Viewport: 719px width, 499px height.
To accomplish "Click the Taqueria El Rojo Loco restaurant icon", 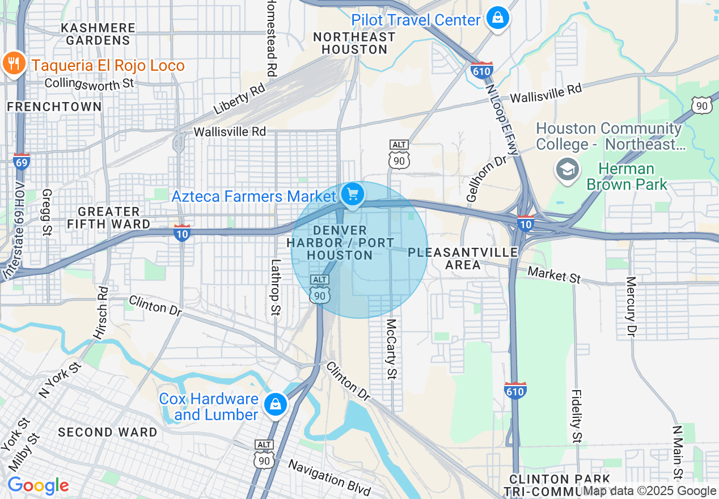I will [x=13, y=64].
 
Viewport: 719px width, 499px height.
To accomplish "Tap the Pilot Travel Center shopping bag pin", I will [x=497, y=19].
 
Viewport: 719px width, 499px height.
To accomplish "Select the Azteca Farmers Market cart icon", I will [x=353, y=196].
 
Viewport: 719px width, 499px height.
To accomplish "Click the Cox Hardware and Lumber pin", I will [x=275, y=404].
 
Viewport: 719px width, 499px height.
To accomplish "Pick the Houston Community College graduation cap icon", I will [x=566, y=169].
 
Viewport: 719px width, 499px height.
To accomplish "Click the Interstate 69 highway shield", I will [x=22, y=162].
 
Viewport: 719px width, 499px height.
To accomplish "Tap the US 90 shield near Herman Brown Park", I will [x=701, y=105].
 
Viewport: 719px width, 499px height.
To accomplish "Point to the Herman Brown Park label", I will [x=627, y=177].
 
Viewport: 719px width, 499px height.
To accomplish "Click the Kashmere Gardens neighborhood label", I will [x=98, y=34].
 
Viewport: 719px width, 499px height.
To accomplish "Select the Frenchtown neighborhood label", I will [x=54, y=107].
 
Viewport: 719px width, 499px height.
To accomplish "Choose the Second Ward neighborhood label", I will [x=108, y=432].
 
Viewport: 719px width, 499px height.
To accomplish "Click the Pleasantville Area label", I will [x=463, y=258].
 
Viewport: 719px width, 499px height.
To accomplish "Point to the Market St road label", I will [x=554, y=275].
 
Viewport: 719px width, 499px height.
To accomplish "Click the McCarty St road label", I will [x=391, y=349].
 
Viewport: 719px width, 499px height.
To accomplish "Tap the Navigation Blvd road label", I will [x=329, y=477].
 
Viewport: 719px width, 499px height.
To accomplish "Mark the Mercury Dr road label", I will [x=631, y=307].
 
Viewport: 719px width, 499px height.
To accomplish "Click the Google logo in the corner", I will [x=38, y=486].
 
